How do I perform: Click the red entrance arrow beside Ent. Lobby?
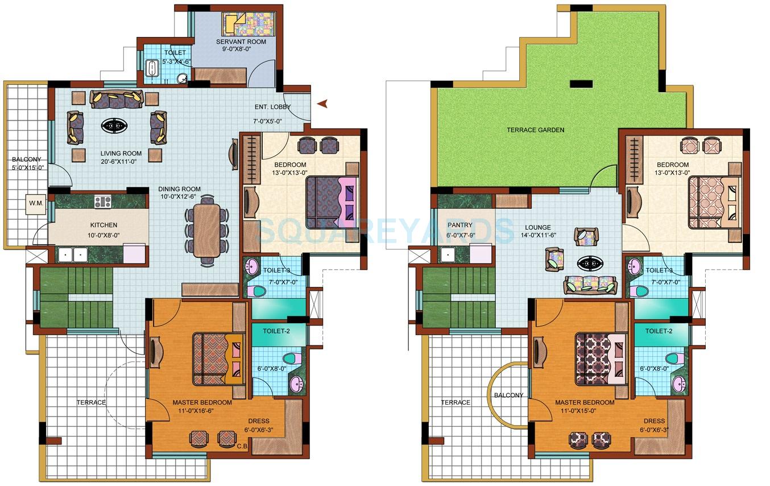point(323,104)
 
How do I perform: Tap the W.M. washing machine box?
point(35,204)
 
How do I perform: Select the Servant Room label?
point(236,42)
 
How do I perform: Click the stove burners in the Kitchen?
point(103,201)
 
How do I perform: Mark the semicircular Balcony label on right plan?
point(508,395)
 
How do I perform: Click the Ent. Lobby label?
point(272,107)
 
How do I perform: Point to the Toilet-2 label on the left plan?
point(276,331)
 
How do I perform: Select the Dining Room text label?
point(180,189)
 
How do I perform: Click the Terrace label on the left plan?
point(91,402)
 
